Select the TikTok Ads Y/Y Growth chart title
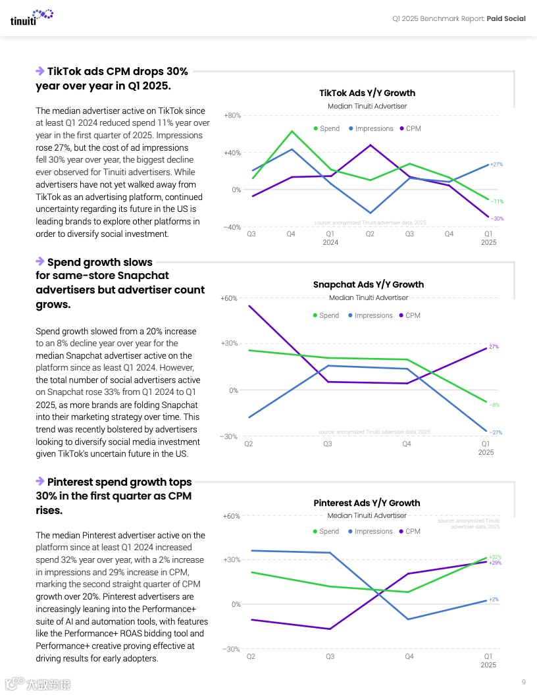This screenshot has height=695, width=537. pos(367,93)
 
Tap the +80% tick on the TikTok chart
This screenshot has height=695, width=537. pos(232,115)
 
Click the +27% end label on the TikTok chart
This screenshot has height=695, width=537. pos(497,165)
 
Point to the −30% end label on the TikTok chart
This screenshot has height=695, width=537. pos(497,219)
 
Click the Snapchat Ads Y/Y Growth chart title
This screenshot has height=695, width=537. pos(368,284)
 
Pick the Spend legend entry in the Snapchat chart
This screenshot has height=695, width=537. pos(326,315)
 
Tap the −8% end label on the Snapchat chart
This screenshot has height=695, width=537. pos(494,405)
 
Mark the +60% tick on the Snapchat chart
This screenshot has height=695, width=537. pos(229,298)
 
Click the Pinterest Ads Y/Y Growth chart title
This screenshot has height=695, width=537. pos(367,503)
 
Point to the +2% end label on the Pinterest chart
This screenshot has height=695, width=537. pos(494,600)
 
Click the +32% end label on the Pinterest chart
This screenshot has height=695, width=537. pos(495,557)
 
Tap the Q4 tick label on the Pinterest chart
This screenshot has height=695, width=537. pos(409,656)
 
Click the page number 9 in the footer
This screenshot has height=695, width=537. pos(523,681)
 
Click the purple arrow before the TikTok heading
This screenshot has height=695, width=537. pos(40,70)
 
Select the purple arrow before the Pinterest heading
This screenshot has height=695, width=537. pos(40,482)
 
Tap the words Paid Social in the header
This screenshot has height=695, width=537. pos(506,18)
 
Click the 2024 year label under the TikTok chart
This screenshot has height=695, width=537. pos(330,242)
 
